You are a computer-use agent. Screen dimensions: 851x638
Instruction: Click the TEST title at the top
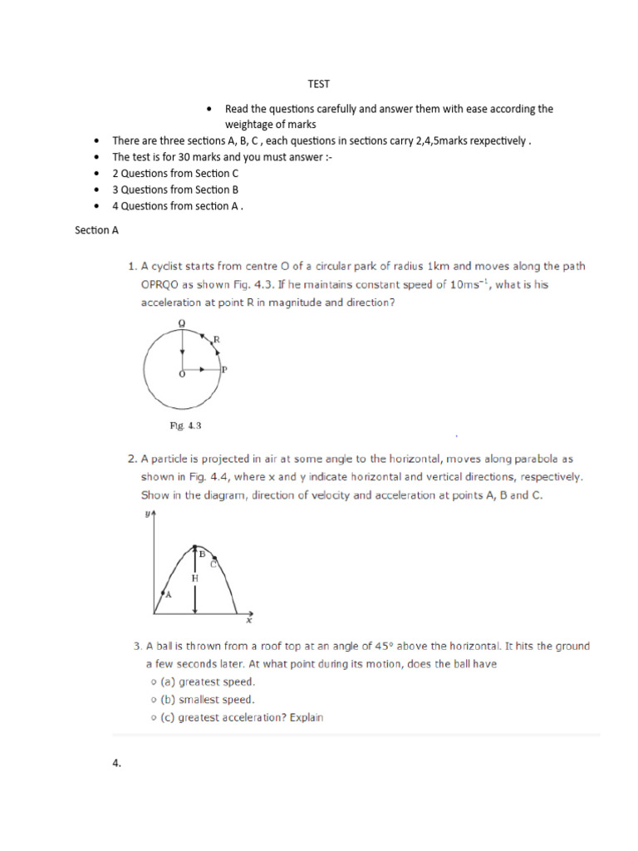coord(319,84)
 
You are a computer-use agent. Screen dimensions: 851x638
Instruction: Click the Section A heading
coord(96,230)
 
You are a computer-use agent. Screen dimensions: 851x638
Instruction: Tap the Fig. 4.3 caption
coord(186,425)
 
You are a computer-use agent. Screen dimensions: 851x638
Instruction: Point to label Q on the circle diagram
coord(182,322)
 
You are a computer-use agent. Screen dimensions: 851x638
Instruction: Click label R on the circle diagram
coord(216,339)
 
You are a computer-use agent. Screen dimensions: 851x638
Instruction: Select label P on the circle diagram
coord(224,370)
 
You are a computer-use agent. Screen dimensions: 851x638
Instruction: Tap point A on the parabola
coord(167,594)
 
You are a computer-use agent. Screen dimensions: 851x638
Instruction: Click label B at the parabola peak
coord(200,552)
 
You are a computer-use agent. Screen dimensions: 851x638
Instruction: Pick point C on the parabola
coord(213,564)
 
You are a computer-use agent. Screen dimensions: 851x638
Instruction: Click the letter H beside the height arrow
coord(194,577)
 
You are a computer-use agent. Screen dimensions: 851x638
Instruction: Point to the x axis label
coord(248,621)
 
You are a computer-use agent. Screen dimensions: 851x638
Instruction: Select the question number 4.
coord(117,765)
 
